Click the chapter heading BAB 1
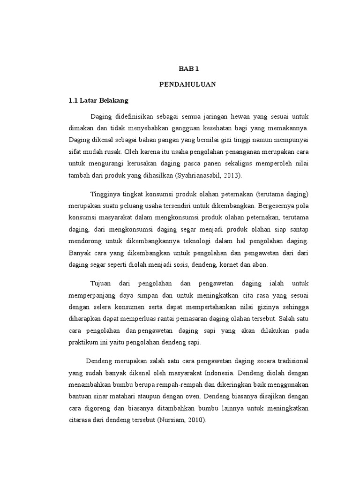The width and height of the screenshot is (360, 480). pos(189,69)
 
